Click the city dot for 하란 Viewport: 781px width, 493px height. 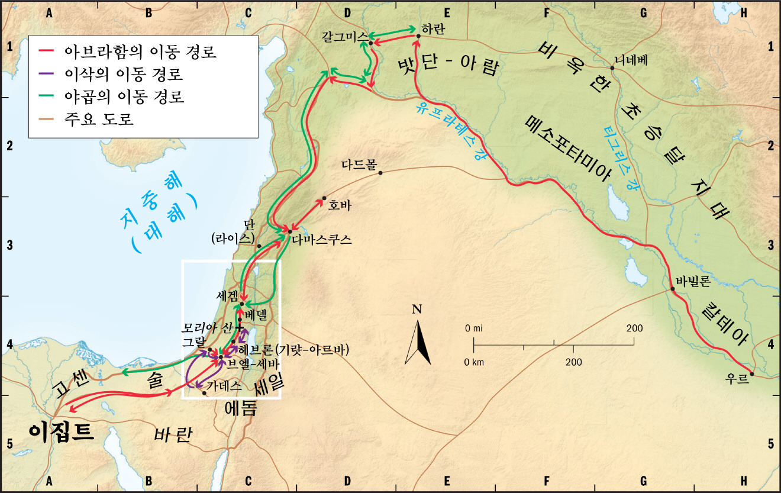(418, 36)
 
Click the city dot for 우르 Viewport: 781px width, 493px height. (751, 373)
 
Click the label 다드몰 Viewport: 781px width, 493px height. (359, 165)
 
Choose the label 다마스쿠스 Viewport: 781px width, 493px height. (322, 240)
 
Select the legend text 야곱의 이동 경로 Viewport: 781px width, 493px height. (125, 96)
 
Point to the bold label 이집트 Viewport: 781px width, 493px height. (61, 431)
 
